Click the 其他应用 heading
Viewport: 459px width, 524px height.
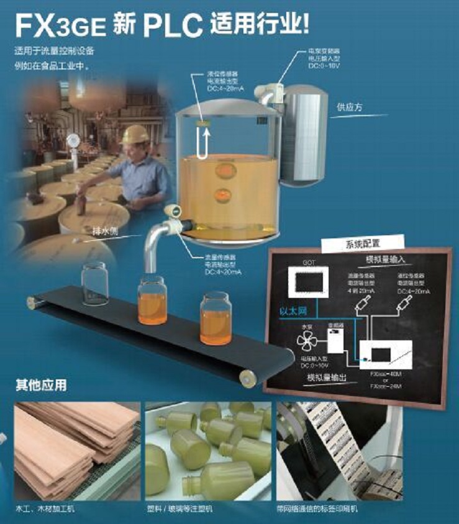coord(41,385)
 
